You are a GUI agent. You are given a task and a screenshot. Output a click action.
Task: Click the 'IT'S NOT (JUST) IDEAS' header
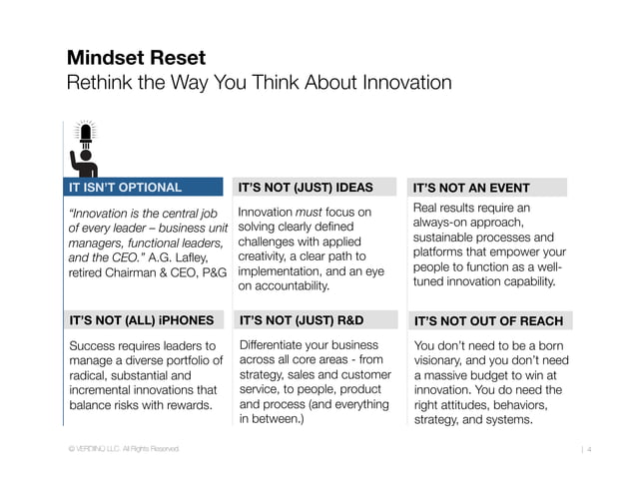(305, 187)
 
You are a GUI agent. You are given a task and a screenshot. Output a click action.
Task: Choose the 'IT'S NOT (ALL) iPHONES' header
(141, 320)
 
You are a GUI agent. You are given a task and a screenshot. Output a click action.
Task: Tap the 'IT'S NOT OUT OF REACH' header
(488, 321)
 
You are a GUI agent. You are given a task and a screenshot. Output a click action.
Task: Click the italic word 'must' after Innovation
(309, 212)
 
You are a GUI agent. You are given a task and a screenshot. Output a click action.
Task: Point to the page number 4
(590, 451)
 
